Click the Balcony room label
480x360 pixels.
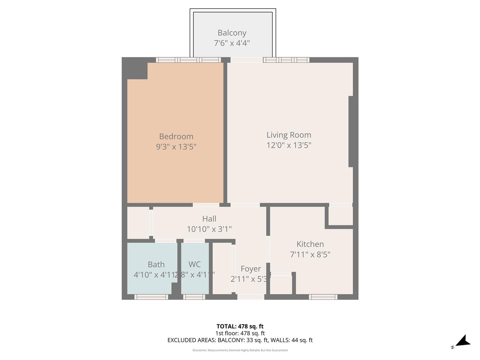pos(232,33)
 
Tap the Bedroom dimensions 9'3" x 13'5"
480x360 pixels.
pos(176,147)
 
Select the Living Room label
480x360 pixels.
pos(289,135)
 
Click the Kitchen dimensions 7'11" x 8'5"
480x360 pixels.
pos(310,255)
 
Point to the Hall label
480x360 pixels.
pos(209,219)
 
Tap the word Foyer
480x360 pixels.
pos(251,269)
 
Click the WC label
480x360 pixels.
pos(195,264)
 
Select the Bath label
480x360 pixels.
pos(156,264)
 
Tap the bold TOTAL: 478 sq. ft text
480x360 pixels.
pos(240,326)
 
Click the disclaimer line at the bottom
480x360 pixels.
pos(240,350)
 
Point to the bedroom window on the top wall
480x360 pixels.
pos(188,60)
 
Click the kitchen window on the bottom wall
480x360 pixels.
pos(323,297)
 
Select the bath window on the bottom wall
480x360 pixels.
pos(151,297)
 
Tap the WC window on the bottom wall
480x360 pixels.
pos(194,297)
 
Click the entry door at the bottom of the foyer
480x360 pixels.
pos(251,297)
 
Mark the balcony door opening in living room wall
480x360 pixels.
pos(247,60)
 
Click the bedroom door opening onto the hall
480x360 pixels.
pos(206,205)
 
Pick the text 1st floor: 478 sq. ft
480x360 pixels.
pos(240,333)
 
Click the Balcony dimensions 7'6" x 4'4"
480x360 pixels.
pos(232,43)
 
